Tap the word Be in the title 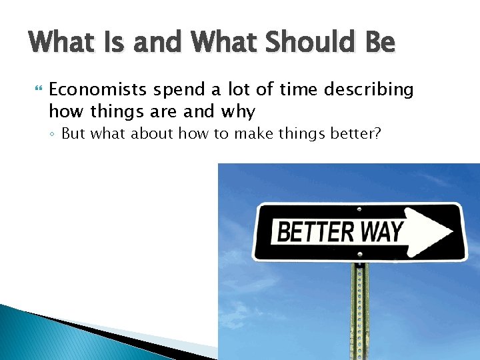click(x=380, y=43)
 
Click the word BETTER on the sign click(x=315, y=233)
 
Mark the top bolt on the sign click(x=360, y=209)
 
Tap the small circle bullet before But click(x=52, y=135)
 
